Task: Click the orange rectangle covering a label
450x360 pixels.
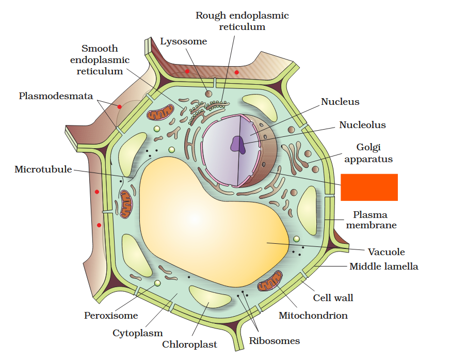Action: click(x=369, y=187)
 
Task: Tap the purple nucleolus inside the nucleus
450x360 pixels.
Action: click(x=238, y=144)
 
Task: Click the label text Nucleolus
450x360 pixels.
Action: click(x=362, y=125)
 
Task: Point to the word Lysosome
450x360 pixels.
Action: click(x=183, y=41)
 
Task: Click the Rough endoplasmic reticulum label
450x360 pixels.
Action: click(x=242, y=21)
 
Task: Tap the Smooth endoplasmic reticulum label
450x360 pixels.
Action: click(x=100, y=60)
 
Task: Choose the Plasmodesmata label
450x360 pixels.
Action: click(x=56, y=96)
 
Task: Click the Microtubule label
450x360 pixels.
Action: click(x=43, y=169)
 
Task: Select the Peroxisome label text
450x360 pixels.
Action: click(x=111, y=316)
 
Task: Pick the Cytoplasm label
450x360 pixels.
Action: click(x=138, y=333)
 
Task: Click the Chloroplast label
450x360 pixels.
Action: click(x=189, y=345)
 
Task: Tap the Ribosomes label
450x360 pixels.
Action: click(x=274, y=341)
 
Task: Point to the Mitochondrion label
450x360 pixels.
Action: click(x=313, y=315)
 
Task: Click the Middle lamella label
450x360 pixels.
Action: click(x=383, y=267)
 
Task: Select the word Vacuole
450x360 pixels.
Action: click(x=386, y=252)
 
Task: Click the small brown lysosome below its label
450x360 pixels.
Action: click(x=208, y=93)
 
